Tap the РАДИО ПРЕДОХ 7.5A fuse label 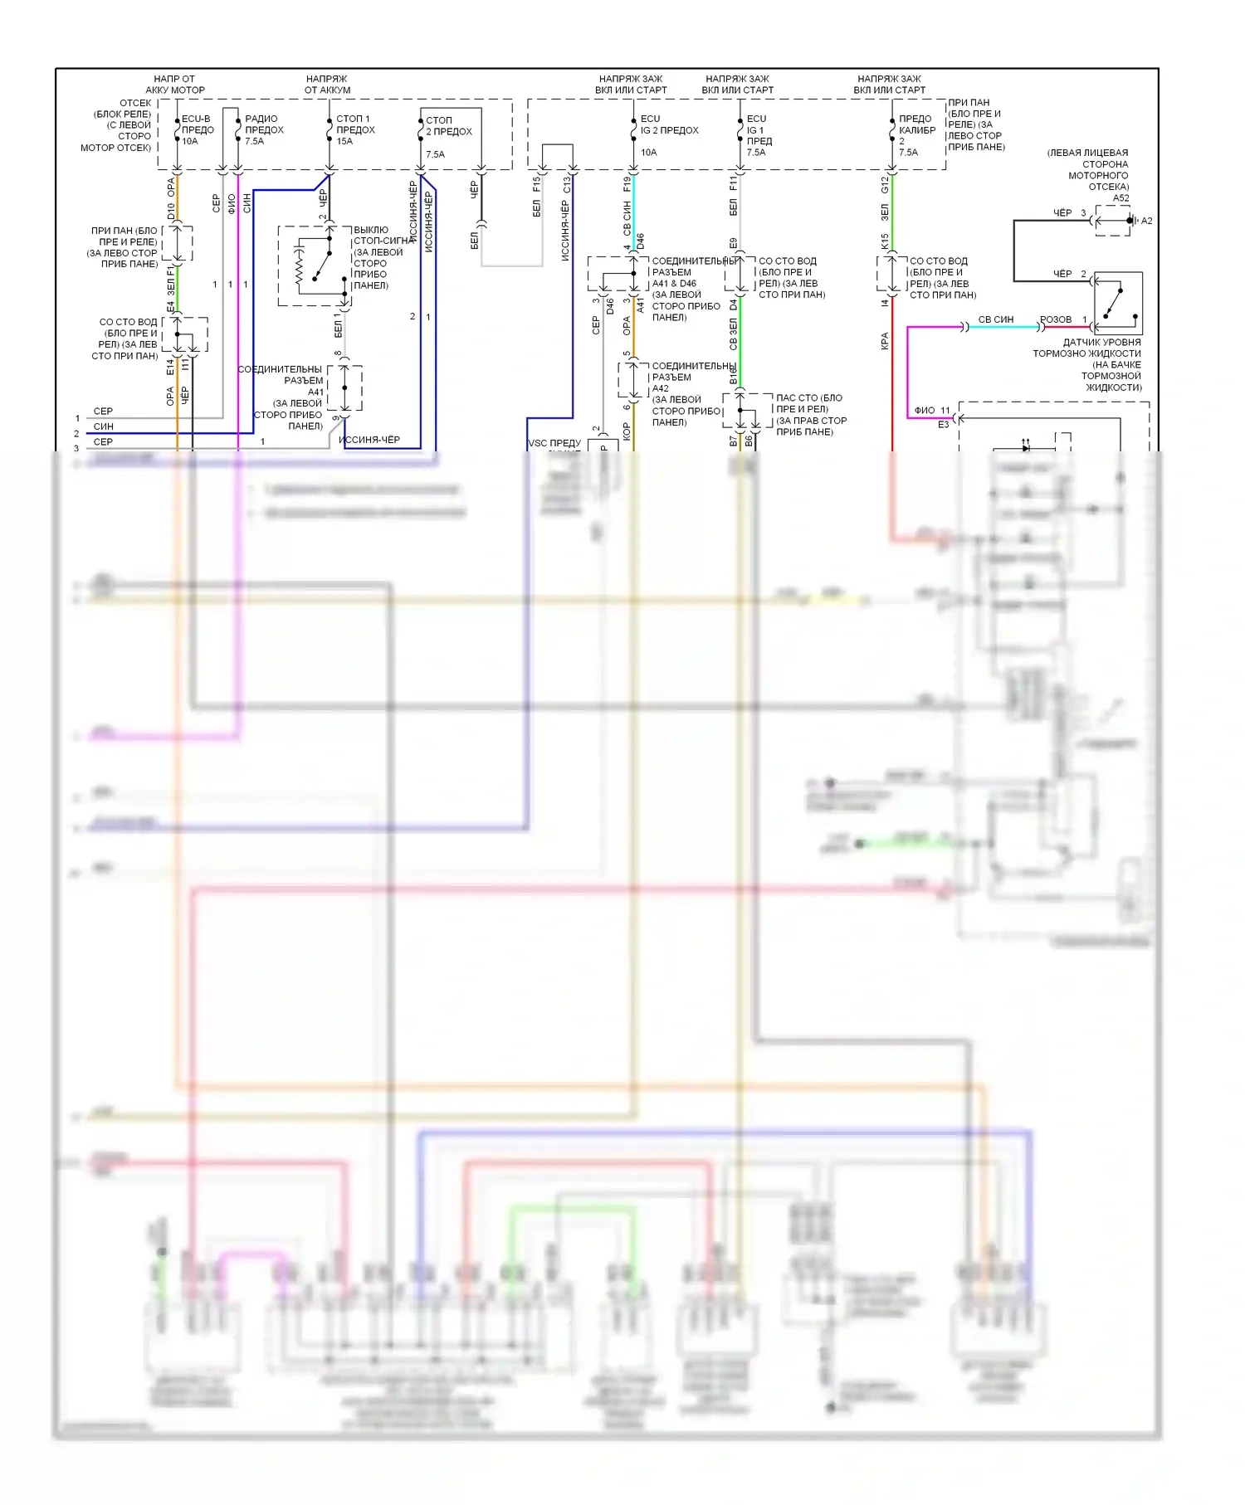coord(263,129)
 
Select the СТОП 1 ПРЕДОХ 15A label coord(355,129)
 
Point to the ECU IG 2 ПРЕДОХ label coord(668,130)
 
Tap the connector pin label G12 coord(885,184)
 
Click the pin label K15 coord(885,241)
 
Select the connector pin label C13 coord(567,184)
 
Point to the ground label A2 coord(1146,221)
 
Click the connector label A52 coord(1120,198)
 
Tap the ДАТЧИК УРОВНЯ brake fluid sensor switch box coord(1118,303)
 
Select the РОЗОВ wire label coord(1056,319)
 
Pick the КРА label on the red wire coord(885,341)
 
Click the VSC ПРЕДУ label coord(554,443)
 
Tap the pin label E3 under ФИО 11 coord(943,425)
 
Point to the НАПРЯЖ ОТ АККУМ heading coord(327,85)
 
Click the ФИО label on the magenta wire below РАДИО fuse coord(232,203)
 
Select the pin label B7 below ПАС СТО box coord(733,441)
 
